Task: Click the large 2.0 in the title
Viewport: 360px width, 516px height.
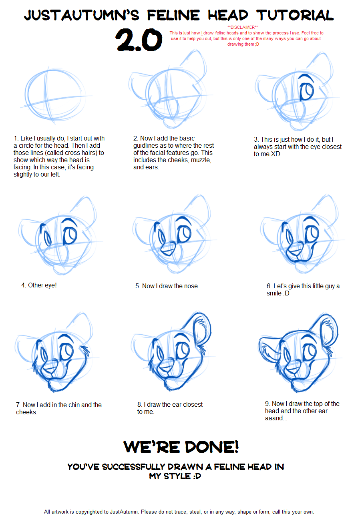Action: (139, 40)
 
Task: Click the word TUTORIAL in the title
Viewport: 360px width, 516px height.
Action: (295, 16)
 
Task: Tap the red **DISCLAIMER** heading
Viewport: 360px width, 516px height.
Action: (243, 27)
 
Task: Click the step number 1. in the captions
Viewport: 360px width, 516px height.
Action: (16, 138)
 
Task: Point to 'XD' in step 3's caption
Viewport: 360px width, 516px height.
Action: (276, 154)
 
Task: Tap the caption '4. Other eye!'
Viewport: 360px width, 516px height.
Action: (39, 285)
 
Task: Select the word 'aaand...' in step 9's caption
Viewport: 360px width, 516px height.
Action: (276, 418)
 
